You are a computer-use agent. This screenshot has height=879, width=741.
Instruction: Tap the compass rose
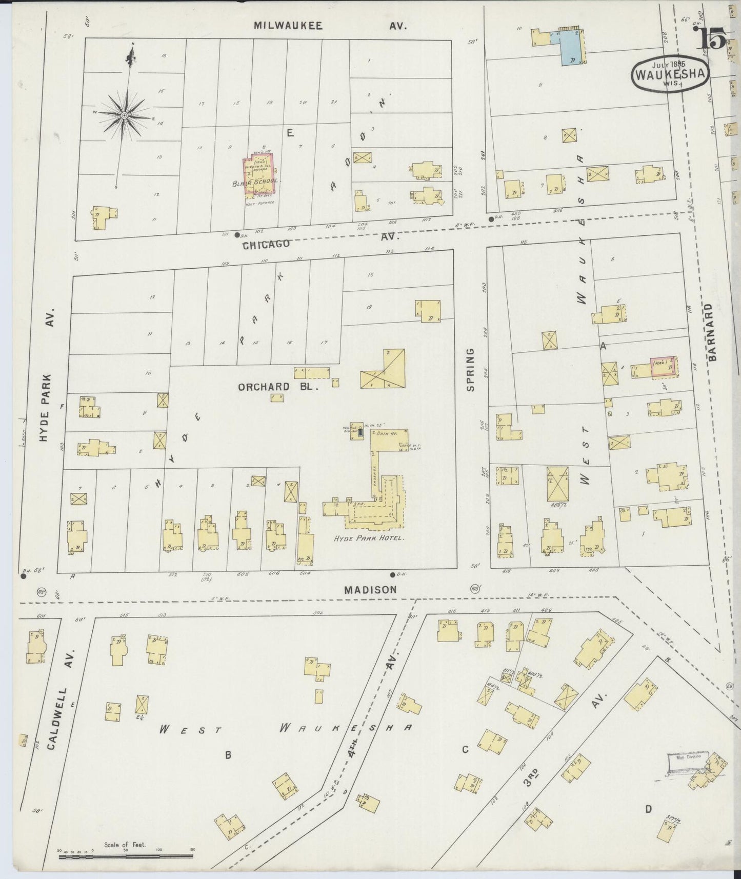pyautogui.click(x=124, y=116)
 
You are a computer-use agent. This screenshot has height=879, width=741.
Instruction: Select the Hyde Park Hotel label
pyautogui.click(x=369, y=538)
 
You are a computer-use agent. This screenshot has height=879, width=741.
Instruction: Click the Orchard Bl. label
pyautogui.click(x=278, y=387)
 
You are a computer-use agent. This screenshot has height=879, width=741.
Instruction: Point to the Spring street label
pyautogui.click(x=470, y=369)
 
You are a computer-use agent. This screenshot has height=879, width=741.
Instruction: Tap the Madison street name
pyautogui.click(x=370, y=589)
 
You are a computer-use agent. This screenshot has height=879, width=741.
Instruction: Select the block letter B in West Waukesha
pyautogui.click(x=229, y=754)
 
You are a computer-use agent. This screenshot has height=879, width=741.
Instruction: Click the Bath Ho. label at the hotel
pyautogui.click(x=385, y=433)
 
